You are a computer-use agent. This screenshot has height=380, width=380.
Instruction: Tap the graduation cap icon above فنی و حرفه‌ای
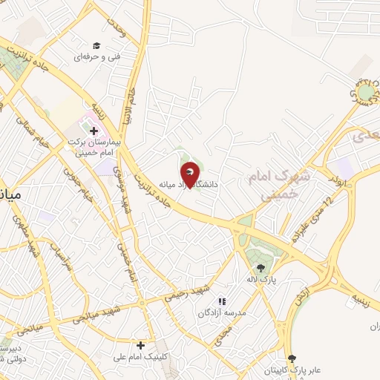[x=96, y=45]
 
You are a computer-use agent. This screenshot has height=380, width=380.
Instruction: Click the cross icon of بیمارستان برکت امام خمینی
[x=94, y=131]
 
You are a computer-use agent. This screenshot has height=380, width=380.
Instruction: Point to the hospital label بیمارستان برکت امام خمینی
[x=92, y=145]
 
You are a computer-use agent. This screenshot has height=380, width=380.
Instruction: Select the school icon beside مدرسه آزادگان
[x=221, y=301]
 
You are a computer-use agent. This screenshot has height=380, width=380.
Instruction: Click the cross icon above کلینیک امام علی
[x=140, y=344]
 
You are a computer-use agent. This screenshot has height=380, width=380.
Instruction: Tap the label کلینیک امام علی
[x=140, y=356]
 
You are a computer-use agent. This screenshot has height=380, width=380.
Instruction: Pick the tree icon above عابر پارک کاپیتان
[x=292, y=358]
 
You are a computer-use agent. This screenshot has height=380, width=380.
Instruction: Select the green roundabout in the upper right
[x=367, y=93]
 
